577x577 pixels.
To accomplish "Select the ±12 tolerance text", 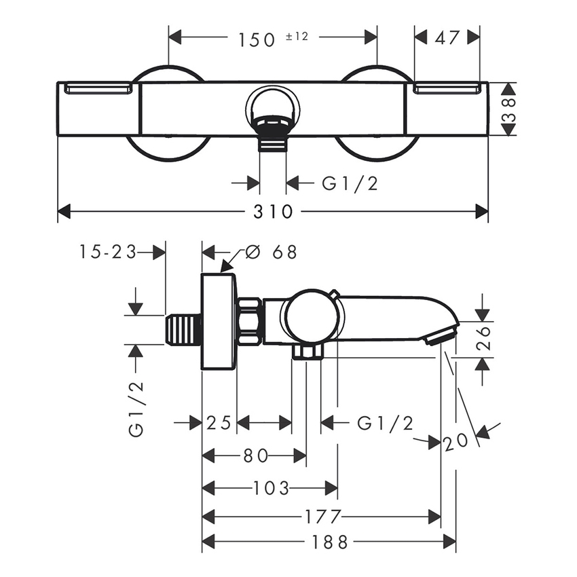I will (297, 37).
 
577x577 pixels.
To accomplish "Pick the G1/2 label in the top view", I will (350, 183).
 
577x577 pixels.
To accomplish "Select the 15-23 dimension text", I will (106, 252).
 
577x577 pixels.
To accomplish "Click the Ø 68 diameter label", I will (270, 252).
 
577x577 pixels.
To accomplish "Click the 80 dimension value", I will (256, 455).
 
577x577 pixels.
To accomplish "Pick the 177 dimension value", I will (322, 517).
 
